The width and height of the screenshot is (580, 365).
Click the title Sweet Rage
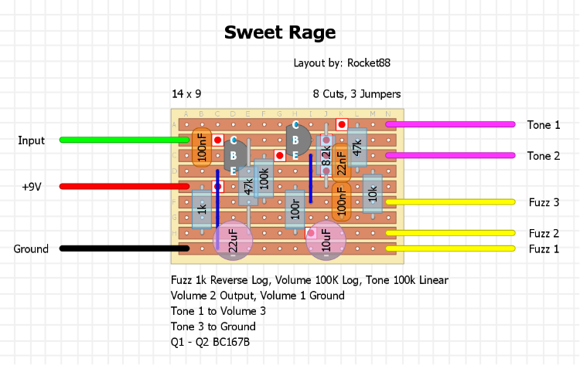pos(280,32)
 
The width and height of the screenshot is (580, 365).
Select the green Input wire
pos(124,140)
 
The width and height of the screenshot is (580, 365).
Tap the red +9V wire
pos(124,186)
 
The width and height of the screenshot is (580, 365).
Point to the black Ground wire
pos(124,248)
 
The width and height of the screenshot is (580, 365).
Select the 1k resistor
pos(202,208)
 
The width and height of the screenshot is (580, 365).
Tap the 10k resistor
pos(372,194)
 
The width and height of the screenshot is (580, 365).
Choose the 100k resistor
pos(264,179)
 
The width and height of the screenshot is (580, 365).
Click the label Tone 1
pos(544,125)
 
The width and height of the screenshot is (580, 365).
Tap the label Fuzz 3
pos(544,202)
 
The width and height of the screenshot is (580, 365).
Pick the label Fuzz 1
pos(544,248)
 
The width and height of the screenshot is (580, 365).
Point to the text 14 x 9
pos(186,94)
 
